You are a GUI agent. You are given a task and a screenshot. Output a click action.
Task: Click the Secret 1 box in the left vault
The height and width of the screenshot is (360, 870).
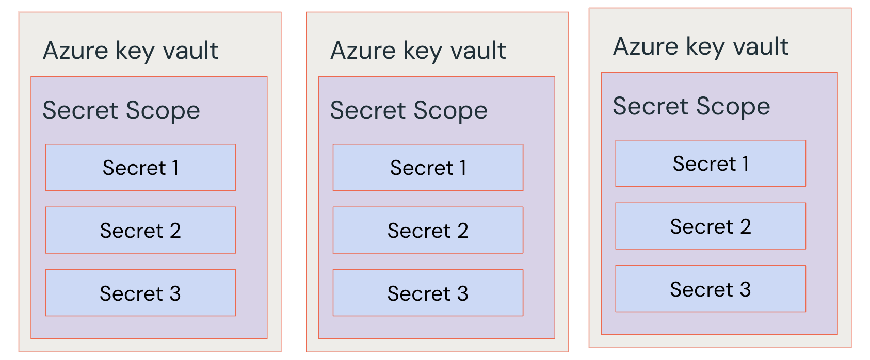(140, 168)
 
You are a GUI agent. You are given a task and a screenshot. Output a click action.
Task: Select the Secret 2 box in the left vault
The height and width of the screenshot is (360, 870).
(140, 231)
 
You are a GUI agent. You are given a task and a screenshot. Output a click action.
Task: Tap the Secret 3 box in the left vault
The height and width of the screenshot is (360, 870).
(140, 293)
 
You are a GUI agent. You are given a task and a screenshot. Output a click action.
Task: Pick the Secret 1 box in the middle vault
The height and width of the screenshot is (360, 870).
(428, 168)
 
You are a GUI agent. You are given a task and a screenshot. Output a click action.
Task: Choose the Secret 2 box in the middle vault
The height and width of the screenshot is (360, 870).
(428, 231)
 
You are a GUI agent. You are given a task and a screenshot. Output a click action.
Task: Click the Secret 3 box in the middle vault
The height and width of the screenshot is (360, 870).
(428, 293)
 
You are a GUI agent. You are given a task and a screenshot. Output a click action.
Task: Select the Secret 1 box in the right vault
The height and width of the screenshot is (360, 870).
(711, 163)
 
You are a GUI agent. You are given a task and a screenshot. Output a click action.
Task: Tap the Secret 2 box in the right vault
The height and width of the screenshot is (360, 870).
(711, 226)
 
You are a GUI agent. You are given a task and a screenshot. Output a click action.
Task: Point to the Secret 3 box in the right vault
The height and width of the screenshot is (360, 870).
(711, 289)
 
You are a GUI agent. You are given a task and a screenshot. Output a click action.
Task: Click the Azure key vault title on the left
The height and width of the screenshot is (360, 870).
(131, 51)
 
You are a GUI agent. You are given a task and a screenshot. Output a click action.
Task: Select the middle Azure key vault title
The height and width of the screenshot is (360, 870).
(418, 51)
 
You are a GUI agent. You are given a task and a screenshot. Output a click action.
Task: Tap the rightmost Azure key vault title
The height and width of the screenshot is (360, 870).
(701, 46)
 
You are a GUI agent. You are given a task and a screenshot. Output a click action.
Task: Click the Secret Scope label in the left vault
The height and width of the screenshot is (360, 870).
(121, 110)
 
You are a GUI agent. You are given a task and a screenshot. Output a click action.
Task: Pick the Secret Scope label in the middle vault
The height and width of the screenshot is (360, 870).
(409, 110)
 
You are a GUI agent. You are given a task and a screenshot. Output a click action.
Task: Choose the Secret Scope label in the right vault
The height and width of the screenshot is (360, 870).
(691, 106)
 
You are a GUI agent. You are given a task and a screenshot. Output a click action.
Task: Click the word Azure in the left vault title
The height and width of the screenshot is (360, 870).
(75, 51)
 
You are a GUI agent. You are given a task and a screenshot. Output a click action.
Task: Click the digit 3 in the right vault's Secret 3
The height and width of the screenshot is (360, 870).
(745, 289)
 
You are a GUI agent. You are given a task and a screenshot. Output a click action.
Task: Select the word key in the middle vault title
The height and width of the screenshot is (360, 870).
(423, 52)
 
